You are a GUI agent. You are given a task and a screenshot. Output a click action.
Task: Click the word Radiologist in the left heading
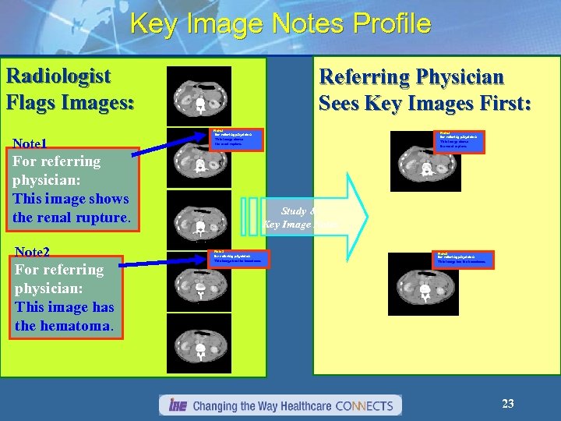(58, 76)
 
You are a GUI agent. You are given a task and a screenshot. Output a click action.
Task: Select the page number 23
(507, 403)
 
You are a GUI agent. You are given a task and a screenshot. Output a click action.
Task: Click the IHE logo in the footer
(175, 405)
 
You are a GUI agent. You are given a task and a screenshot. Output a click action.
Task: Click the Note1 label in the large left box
(31, 144)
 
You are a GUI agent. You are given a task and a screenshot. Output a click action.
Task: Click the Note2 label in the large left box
(33, 252)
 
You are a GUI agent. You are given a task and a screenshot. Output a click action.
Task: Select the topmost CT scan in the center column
(199, 96)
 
